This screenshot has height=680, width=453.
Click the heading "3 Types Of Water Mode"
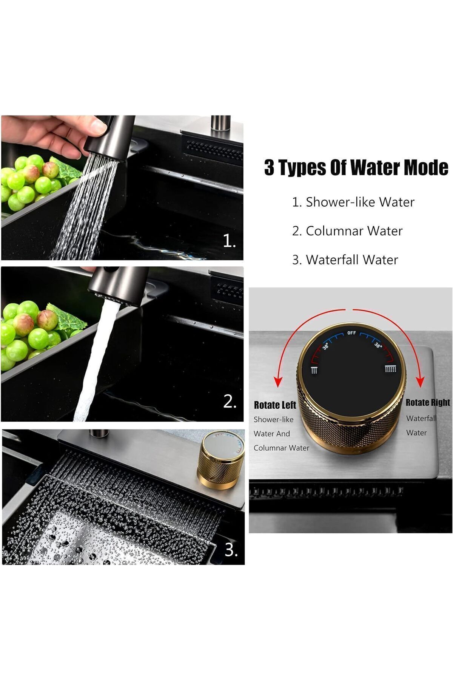356,167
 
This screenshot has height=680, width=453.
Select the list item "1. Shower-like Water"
353,202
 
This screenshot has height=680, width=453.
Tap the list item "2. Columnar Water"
347,231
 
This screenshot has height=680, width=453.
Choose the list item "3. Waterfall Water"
345,260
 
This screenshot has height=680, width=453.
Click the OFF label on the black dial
351,333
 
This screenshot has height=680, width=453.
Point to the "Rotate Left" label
275,405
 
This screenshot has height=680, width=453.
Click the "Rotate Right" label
428,403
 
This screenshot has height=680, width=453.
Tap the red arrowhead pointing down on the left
278,382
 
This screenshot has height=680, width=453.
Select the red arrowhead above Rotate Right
420,382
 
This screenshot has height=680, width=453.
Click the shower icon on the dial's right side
390,369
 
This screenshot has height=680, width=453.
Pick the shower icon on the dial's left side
314,370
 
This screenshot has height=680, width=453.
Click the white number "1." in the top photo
229,241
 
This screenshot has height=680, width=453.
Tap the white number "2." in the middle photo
230,402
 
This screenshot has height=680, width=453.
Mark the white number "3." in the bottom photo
231,550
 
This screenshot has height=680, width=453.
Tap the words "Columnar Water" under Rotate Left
281,448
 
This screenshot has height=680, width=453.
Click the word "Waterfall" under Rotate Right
421,418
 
